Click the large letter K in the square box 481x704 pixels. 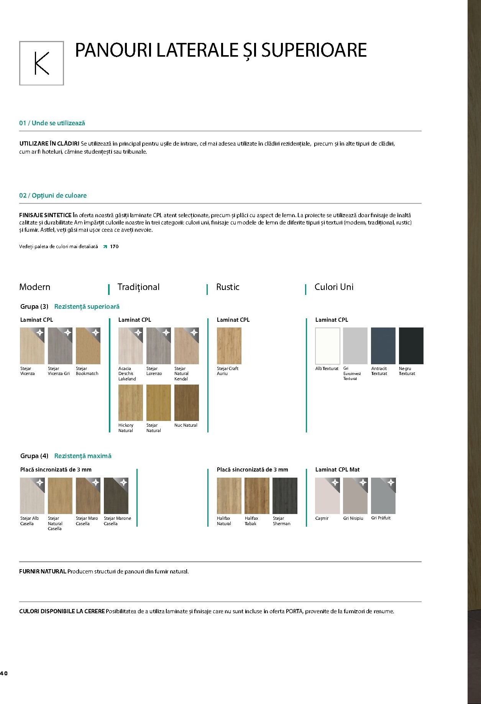(x=41, y=63)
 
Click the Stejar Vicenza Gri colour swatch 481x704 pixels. (x=60, y=345)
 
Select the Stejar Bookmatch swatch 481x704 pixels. (x=88, y=345)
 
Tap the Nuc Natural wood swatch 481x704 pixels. (x=187, y=403)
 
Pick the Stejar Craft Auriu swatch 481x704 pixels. (x=229, y=345)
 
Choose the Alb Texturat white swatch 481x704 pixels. (x=327, y=345)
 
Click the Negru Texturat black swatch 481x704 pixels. (x=411, y=345)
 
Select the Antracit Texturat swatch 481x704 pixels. (x=383, y=345)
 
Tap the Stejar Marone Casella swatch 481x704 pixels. (x=116, y=496)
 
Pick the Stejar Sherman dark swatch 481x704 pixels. (x=285, y=496)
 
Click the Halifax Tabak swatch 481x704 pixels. (x=257, y=496)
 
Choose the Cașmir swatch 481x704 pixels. (x=327, y=496)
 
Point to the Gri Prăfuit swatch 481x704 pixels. (x=383, y=496)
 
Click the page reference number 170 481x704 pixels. (x=114, y=247)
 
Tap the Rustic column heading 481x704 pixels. (x=228, y=287)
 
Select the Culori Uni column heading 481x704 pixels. (x=334, y=287)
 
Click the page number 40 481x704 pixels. (x=4, y=673)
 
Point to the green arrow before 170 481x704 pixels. (x=105, y=247)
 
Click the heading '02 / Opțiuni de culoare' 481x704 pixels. (x=53, y=195)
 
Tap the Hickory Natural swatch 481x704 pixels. (x=131, y=403)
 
